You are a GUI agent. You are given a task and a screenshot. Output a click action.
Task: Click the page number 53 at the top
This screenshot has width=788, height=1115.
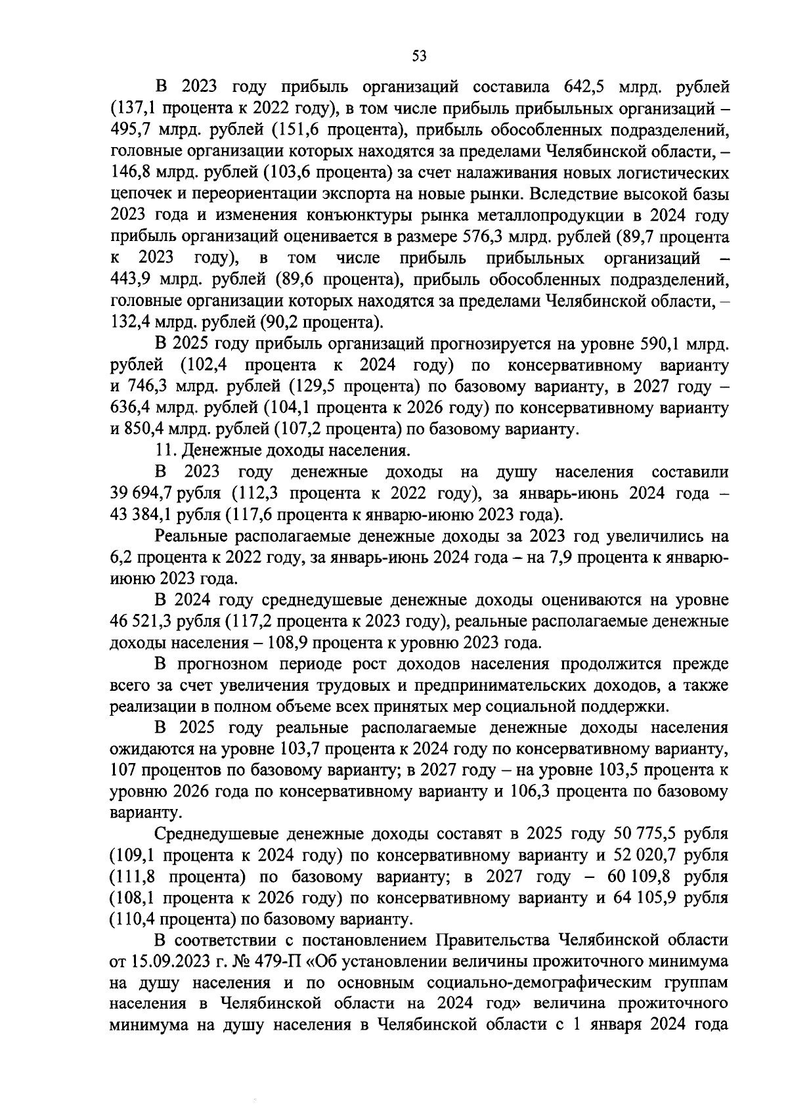pyautogui.click(x=419, y=56)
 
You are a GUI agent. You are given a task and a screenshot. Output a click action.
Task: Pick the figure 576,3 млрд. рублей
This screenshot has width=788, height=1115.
pyautogui.click(x=486, y=237)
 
